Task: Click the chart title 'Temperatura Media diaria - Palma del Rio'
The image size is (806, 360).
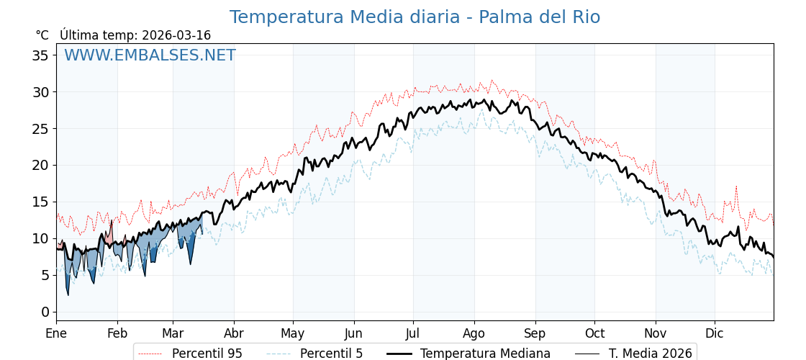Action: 415,17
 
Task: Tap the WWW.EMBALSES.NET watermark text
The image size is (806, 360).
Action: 150,55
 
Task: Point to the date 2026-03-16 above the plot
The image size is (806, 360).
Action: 176,35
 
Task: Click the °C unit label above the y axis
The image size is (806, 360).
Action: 42,35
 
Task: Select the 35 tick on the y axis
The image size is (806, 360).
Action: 41,55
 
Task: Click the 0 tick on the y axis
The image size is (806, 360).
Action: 45,312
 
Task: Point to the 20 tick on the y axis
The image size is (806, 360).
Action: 41,165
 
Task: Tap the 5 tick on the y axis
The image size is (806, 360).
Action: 45,275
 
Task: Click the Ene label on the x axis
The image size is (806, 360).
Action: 56,333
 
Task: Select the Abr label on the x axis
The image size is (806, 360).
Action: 233,333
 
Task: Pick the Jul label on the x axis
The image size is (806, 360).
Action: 413,333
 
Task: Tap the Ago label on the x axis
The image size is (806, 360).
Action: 474,333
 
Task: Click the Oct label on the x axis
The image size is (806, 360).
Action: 594,333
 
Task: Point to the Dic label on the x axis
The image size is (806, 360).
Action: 715,333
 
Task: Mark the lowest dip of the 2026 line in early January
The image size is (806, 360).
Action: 68,294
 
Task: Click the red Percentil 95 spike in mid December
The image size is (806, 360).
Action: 736,186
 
